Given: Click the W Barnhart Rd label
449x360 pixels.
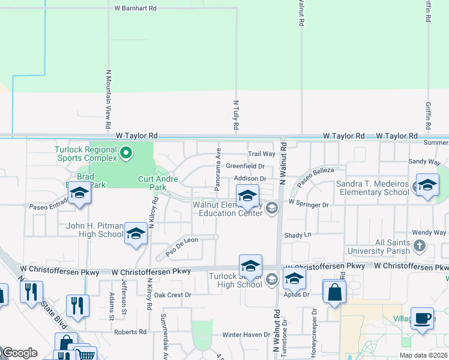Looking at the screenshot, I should (135, 8).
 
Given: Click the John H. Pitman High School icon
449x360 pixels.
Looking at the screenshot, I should (136, 235).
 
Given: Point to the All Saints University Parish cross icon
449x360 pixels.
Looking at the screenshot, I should (420, 245).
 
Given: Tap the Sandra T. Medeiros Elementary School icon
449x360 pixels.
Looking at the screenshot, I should (427, 185).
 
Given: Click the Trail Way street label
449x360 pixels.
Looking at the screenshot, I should (262, 154).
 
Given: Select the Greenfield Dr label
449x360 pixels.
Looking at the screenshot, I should (245, 166).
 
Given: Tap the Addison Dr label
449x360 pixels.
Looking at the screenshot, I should (250, 179).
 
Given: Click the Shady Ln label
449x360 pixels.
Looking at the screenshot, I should (298, 235).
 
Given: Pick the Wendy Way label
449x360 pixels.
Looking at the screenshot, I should (429, 232).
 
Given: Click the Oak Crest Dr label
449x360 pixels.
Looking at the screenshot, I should (172, 295).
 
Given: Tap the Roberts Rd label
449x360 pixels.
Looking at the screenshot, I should (130, 332).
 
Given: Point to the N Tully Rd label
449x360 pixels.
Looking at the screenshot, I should (236, 115).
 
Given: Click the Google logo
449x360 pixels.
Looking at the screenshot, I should (20, 353).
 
